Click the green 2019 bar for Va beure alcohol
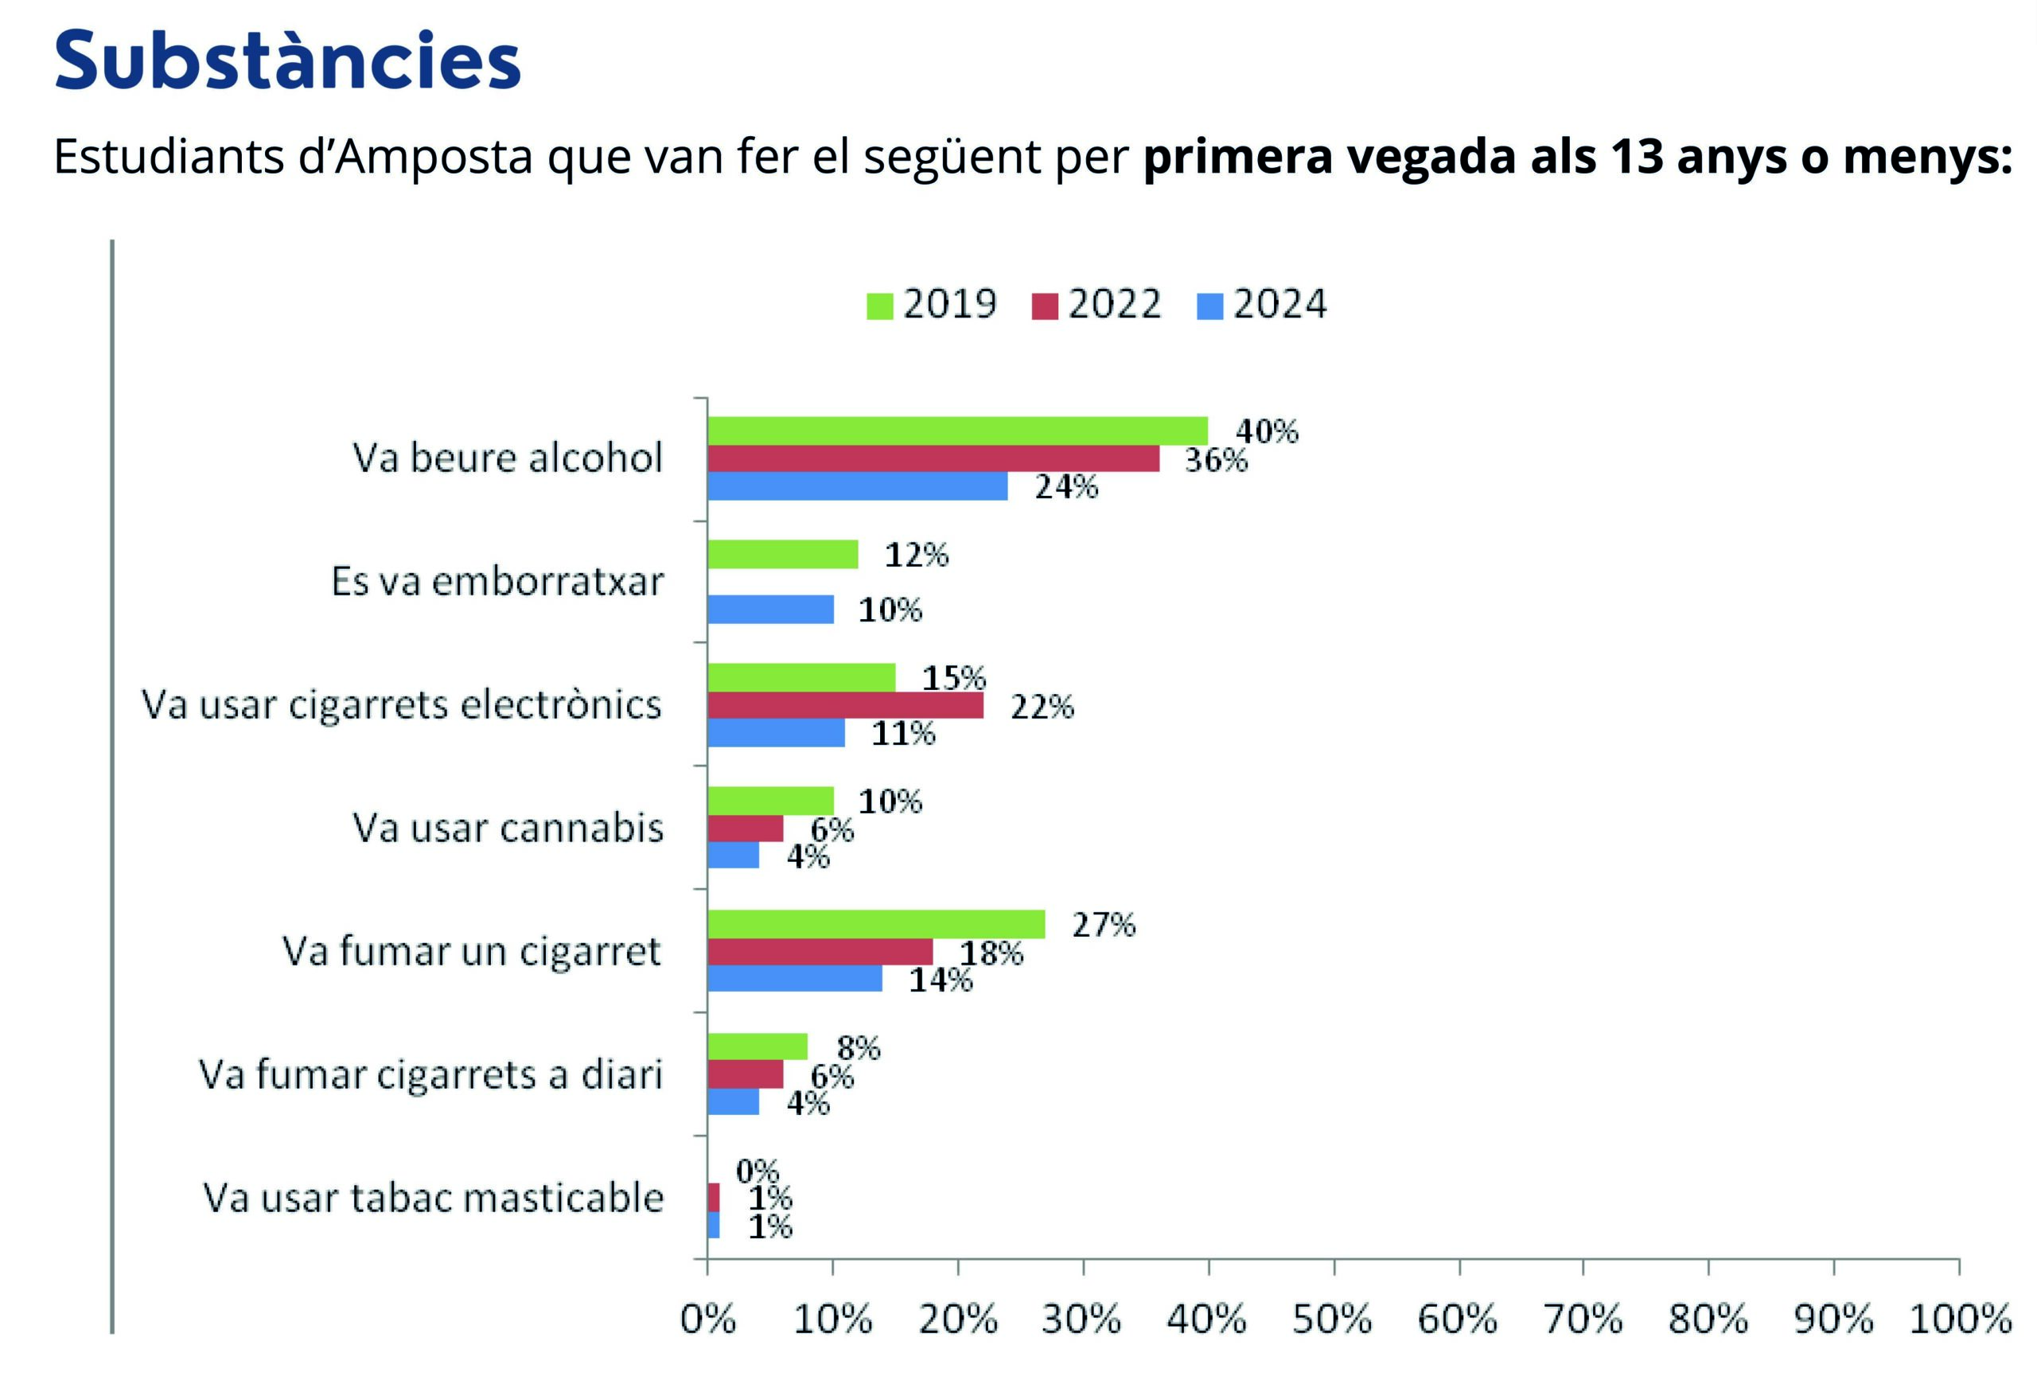pyautogui.click(x=957, y=431)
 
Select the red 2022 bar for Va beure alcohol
pyautogui.click(x=933, y=458)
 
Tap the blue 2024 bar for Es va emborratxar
pyautogui.click(x=770, y=610)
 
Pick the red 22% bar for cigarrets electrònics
pyautogui.click(x=845, y=705)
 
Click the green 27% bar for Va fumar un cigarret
pyautogui.click(x=875, y=924)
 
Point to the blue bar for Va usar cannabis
pyautogui.click(x=733, y=855)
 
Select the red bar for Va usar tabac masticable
pyautogui.click(x=714, y=1197)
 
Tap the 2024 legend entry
pyautogui.click(x=1262, y=304)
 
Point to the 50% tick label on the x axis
pyautogui.click(x=1332, y=1319)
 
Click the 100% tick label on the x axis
pyautogui.click(x=1960, y=1319)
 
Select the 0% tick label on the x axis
pyautogui.click(x=708, y=1319)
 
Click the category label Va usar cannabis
pyautogui.click(x=508, y=828)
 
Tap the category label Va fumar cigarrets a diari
pyautogui.click(x=430, y=1074)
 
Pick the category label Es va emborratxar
pyautogui.click(x=497, y=581)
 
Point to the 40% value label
pyautogui.click(x=1267, y=431)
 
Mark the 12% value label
pyautogui.click(x=916, y=555)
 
